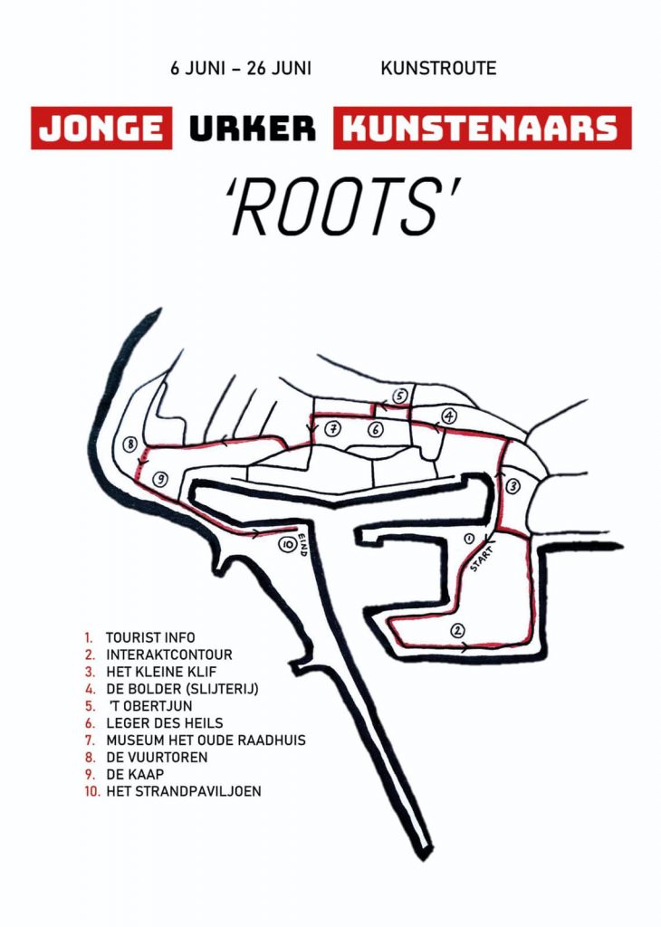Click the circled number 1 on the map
[468, 538]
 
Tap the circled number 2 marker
[457, 630]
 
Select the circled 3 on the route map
[513, 486]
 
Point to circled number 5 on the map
[400, 397]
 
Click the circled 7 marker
[333, 428]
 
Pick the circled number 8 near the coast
[129, 444]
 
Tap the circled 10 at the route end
[287, 544]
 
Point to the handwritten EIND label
[302, 544]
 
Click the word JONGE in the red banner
[101, 129]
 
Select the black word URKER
[253, 129]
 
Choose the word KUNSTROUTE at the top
[438, 68]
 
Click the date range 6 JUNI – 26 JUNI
[241, 68]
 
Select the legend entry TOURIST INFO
[150, 637]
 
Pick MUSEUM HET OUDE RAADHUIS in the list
[206, 740]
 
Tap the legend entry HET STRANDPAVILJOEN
[183, 791]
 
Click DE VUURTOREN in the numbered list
[157, 757]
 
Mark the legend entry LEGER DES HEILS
[165, 722]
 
